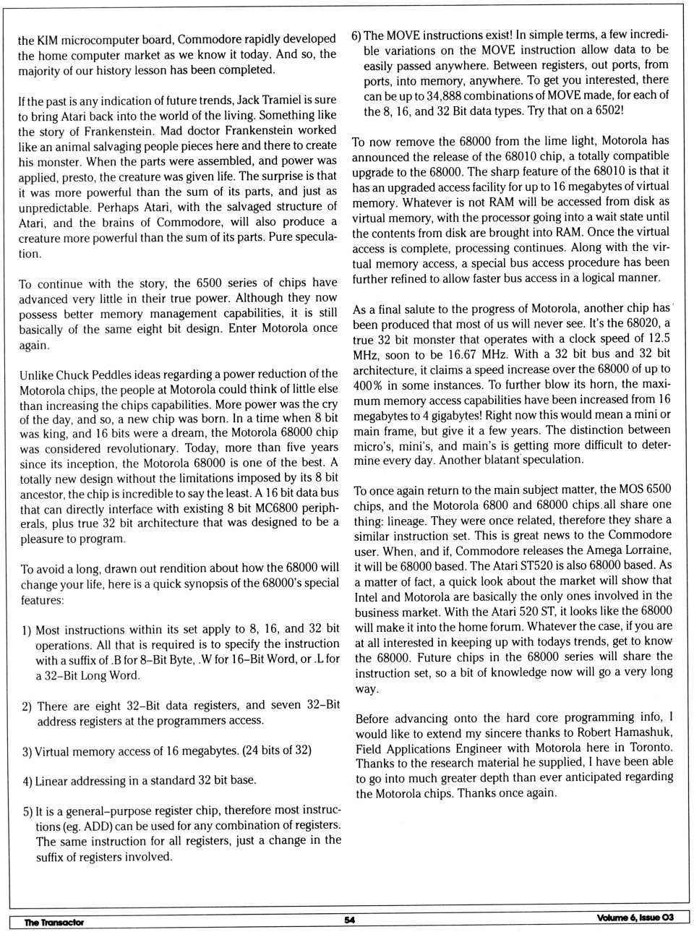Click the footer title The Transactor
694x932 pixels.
53,922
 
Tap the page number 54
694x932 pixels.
350,920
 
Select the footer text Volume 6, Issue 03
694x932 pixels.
635,918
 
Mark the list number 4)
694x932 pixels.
27,781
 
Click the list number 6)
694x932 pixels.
356,35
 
